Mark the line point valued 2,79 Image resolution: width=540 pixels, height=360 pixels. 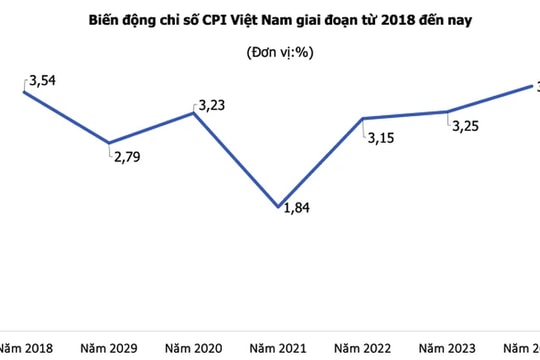coord(109,144)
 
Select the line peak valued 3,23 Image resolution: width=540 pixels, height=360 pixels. coord(194,113)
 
